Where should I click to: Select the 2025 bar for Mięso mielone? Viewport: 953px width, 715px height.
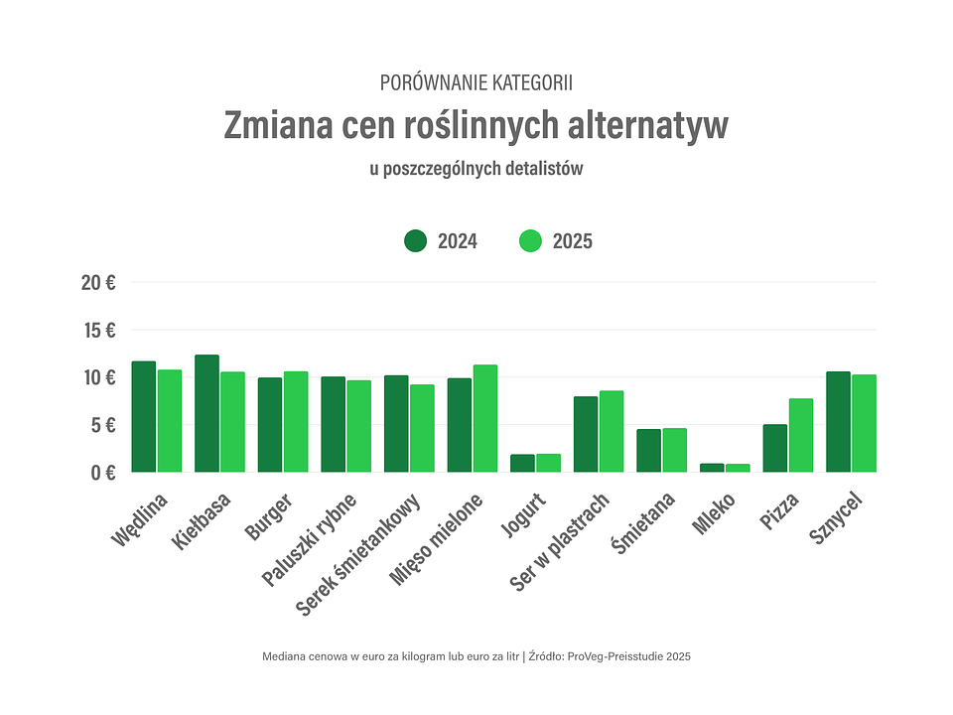point(484,418)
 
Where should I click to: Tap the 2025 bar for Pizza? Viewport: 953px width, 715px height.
point(801,435)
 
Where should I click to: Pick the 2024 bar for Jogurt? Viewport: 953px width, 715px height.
point(522,463)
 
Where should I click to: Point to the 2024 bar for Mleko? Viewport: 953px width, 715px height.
point(712,467)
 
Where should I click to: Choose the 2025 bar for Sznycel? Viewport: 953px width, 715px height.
point(864,423)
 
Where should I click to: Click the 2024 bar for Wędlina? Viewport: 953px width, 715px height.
point(144,416)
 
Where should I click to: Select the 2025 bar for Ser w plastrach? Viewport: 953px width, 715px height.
point(612,431)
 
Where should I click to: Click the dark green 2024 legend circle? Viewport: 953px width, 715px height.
point(415,240)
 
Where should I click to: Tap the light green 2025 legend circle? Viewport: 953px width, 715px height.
point(531,240)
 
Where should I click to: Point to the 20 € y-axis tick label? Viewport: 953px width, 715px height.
point(98,282)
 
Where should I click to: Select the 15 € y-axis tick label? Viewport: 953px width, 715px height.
point(98,330)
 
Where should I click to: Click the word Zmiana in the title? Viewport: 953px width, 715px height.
point(278,126)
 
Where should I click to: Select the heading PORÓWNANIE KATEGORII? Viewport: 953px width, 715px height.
point(476,82)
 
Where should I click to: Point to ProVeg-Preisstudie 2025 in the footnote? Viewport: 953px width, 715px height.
point(628,656)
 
